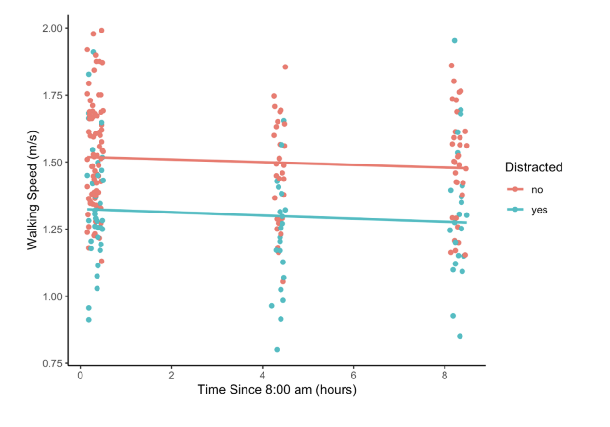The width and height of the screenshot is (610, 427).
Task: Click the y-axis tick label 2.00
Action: point(52,28)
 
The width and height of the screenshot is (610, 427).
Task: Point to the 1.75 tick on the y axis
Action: point(52,95)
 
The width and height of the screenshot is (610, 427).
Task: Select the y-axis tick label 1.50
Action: point(52,162)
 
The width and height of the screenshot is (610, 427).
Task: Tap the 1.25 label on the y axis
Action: point(52,229)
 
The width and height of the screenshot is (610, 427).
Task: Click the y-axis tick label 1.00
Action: point(52,296)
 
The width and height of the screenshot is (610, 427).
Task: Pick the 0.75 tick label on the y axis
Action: point(52,363)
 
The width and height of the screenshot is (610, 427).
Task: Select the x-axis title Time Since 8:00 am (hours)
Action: point(277,390)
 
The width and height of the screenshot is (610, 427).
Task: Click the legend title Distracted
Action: point(534,167)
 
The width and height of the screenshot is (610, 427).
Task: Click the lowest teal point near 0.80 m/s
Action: point(277,349)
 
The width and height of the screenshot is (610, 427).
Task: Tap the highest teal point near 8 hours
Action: point(455,40)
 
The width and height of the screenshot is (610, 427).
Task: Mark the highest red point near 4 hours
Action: point(285,66)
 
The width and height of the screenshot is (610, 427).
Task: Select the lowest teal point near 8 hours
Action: point(460,336)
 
